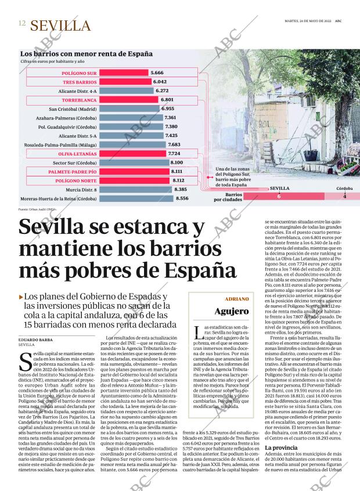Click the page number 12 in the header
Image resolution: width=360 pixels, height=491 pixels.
[x=21, y=24]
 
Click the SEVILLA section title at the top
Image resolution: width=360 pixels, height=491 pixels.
[x=60, y=26]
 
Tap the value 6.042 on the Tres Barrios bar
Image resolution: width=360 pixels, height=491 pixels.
[x=160, y=82]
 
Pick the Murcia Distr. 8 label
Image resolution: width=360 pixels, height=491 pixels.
[x=81, y=190]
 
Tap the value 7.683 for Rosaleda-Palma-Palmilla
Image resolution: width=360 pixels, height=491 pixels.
[x=174, y=145]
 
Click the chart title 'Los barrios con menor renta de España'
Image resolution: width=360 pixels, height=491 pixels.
[x=87, y=53]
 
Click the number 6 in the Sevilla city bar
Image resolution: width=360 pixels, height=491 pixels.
[x=279, y=197]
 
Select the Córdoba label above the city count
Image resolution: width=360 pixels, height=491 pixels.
[x=344, y=189]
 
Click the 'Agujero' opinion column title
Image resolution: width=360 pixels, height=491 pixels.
[x=232, y=311]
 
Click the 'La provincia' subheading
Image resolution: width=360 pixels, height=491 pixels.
[x=282, y=449]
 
